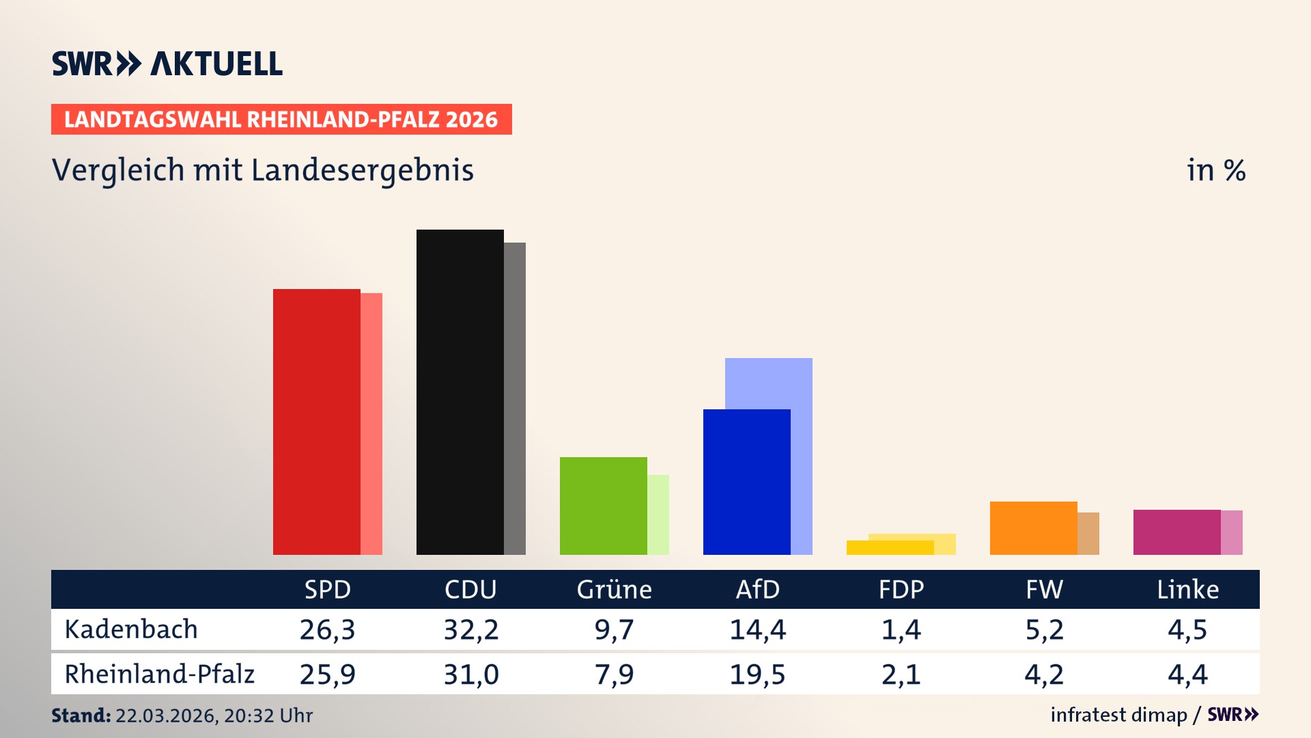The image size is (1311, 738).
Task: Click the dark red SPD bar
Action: coord(316,422)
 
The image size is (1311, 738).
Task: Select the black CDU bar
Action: coord(460,392)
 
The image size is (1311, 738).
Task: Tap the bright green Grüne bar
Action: coord(603,506)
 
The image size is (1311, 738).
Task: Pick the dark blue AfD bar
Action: coord(746,482)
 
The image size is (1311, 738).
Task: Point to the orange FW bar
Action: coord(1033,528)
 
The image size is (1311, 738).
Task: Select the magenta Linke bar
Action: coord(1176,532)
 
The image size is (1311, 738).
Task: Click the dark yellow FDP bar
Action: coord(890,548)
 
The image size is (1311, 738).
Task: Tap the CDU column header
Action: coord(470,589)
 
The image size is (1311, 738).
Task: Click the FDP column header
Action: coord(901,589)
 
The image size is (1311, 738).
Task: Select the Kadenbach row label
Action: coord(131,629)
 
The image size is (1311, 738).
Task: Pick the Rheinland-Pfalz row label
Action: coord(159,674)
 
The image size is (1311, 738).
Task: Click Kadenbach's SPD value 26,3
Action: coord(327,629)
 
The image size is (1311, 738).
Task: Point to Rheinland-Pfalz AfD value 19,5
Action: coord(757,674)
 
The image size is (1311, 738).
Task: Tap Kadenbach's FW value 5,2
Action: coord(1044,629)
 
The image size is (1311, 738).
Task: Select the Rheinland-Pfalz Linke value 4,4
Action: coord(1187,674)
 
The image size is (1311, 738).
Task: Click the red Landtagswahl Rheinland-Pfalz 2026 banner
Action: coord(281,120)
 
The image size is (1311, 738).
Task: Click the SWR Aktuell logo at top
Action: coord(167,64)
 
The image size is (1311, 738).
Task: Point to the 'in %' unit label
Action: coord(1215,170)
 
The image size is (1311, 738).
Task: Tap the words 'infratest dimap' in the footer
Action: coord(1118,715)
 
